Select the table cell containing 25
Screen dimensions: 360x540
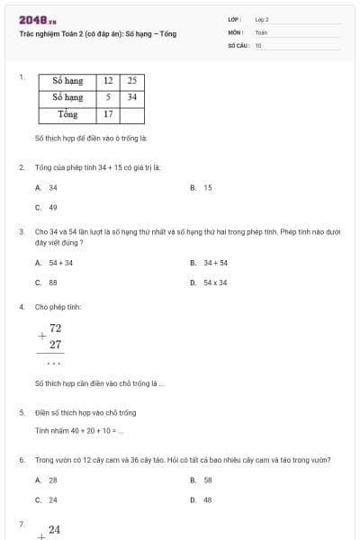[131, 81]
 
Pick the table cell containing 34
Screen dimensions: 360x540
[131, 97]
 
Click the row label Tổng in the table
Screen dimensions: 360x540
[67, 114]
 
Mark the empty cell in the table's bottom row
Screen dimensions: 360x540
[131, 114]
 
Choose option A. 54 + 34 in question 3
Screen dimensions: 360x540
[55, 263]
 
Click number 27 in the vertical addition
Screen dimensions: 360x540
[56, 345]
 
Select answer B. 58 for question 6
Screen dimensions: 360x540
[202, 481]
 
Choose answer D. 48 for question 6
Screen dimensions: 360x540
[202, 499]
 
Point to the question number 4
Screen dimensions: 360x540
[21, 307]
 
